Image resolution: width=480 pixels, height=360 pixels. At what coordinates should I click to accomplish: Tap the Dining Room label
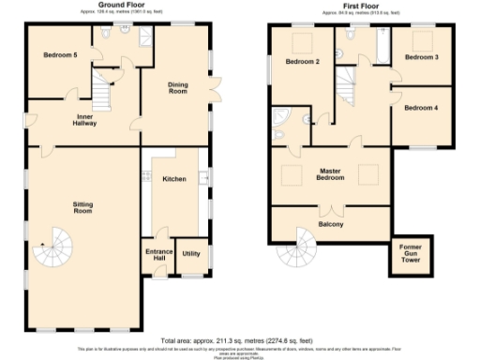[x=177, y=89]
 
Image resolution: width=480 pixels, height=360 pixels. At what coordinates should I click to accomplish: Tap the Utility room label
[x=191, y=254]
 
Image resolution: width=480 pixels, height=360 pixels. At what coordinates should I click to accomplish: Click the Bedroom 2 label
[x=303, y=62]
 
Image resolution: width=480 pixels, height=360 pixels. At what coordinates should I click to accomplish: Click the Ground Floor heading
[x=113, y=5]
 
